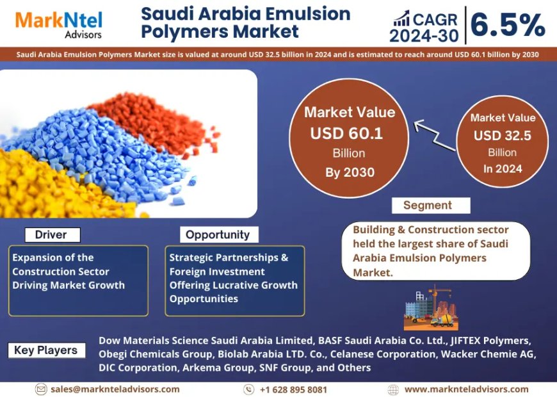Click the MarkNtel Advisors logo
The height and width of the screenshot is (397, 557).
tap(59, 24)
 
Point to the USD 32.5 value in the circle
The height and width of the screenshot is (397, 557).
tap(503, 136)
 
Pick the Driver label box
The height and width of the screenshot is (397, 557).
tap(51, 235)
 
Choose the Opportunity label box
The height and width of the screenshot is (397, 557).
tap(218, 235)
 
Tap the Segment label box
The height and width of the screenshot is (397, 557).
tap(428, 206)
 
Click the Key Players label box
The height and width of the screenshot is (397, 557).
tap(46, 350)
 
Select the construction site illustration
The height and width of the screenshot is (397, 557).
tap(431, 307)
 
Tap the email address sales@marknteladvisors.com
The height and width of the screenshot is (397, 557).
tap(115, 389)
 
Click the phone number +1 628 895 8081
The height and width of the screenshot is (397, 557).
tap(293, 389)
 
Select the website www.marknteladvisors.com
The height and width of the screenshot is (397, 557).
tap(466, 389)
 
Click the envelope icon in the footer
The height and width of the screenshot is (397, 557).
tap(41, 389)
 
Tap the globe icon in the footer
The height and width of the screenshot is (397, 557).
tap(393, 389)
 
